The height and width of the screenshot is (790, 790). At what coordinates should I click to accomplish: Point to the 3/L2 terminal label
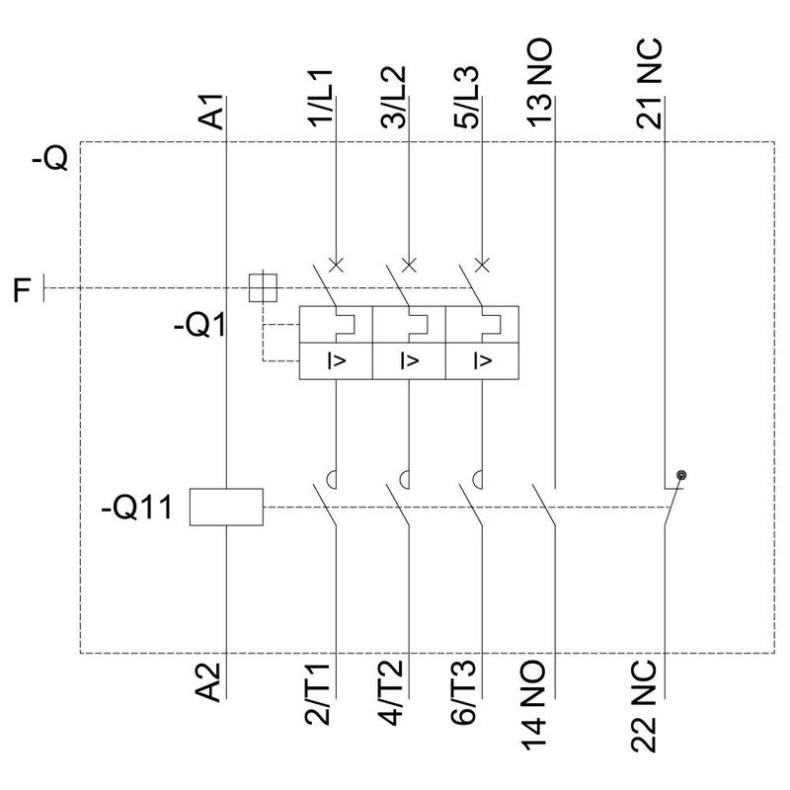point(394,98)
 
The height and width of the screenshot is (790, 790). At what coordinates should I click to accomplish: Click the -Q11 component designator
point(137,510)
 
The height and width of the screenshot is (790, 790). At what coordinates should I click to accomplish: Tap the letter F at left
point(23,290)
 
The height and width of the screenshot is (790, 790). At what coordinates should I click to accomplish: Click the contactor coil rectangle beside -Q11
point(226,507)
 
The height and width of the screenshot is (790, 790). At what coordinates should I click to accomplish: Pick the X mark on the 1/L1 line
point(336,265)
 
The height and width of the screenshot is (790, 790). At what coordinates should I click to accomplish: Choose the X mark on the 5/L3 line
point(482,265)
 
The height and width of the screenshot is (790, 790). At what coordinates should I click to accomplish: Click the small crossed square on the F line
point(263,288)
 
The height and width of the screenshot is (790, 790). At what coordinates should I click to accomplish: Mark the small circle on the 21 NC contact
point(680,476)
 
